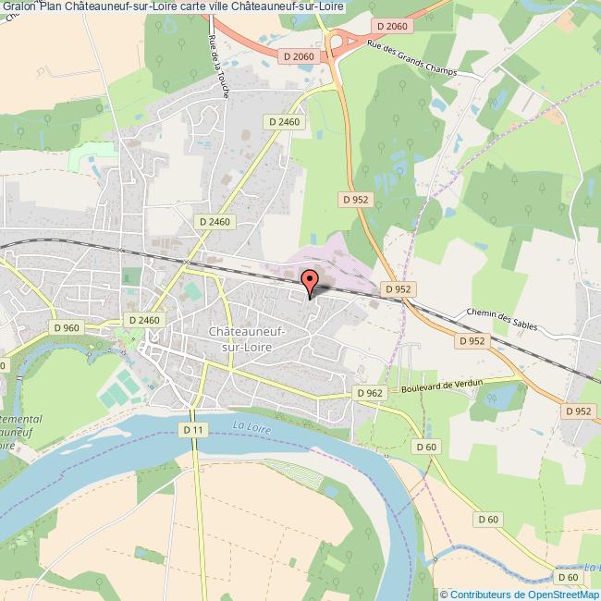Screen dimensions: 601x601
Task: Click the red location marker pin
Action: (309, 280)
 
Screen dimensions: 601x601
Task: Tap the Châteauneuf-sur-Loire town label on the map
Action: (247, 338)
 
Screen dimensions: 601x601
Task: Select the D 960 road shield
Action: (68, 326)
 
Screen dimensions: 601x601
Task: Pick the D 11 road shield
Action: (192, 430)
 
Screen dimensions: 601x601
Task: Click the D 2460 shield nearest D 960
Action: (145, 320)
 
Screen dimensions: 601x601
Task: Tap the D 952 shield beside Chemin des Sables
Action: (472, 340)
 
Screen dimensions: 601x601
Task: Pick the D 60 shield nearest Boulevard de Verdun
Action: (425, 448)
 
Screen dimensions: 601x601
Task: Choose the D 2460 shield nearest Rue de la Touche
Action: (284, 121)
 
